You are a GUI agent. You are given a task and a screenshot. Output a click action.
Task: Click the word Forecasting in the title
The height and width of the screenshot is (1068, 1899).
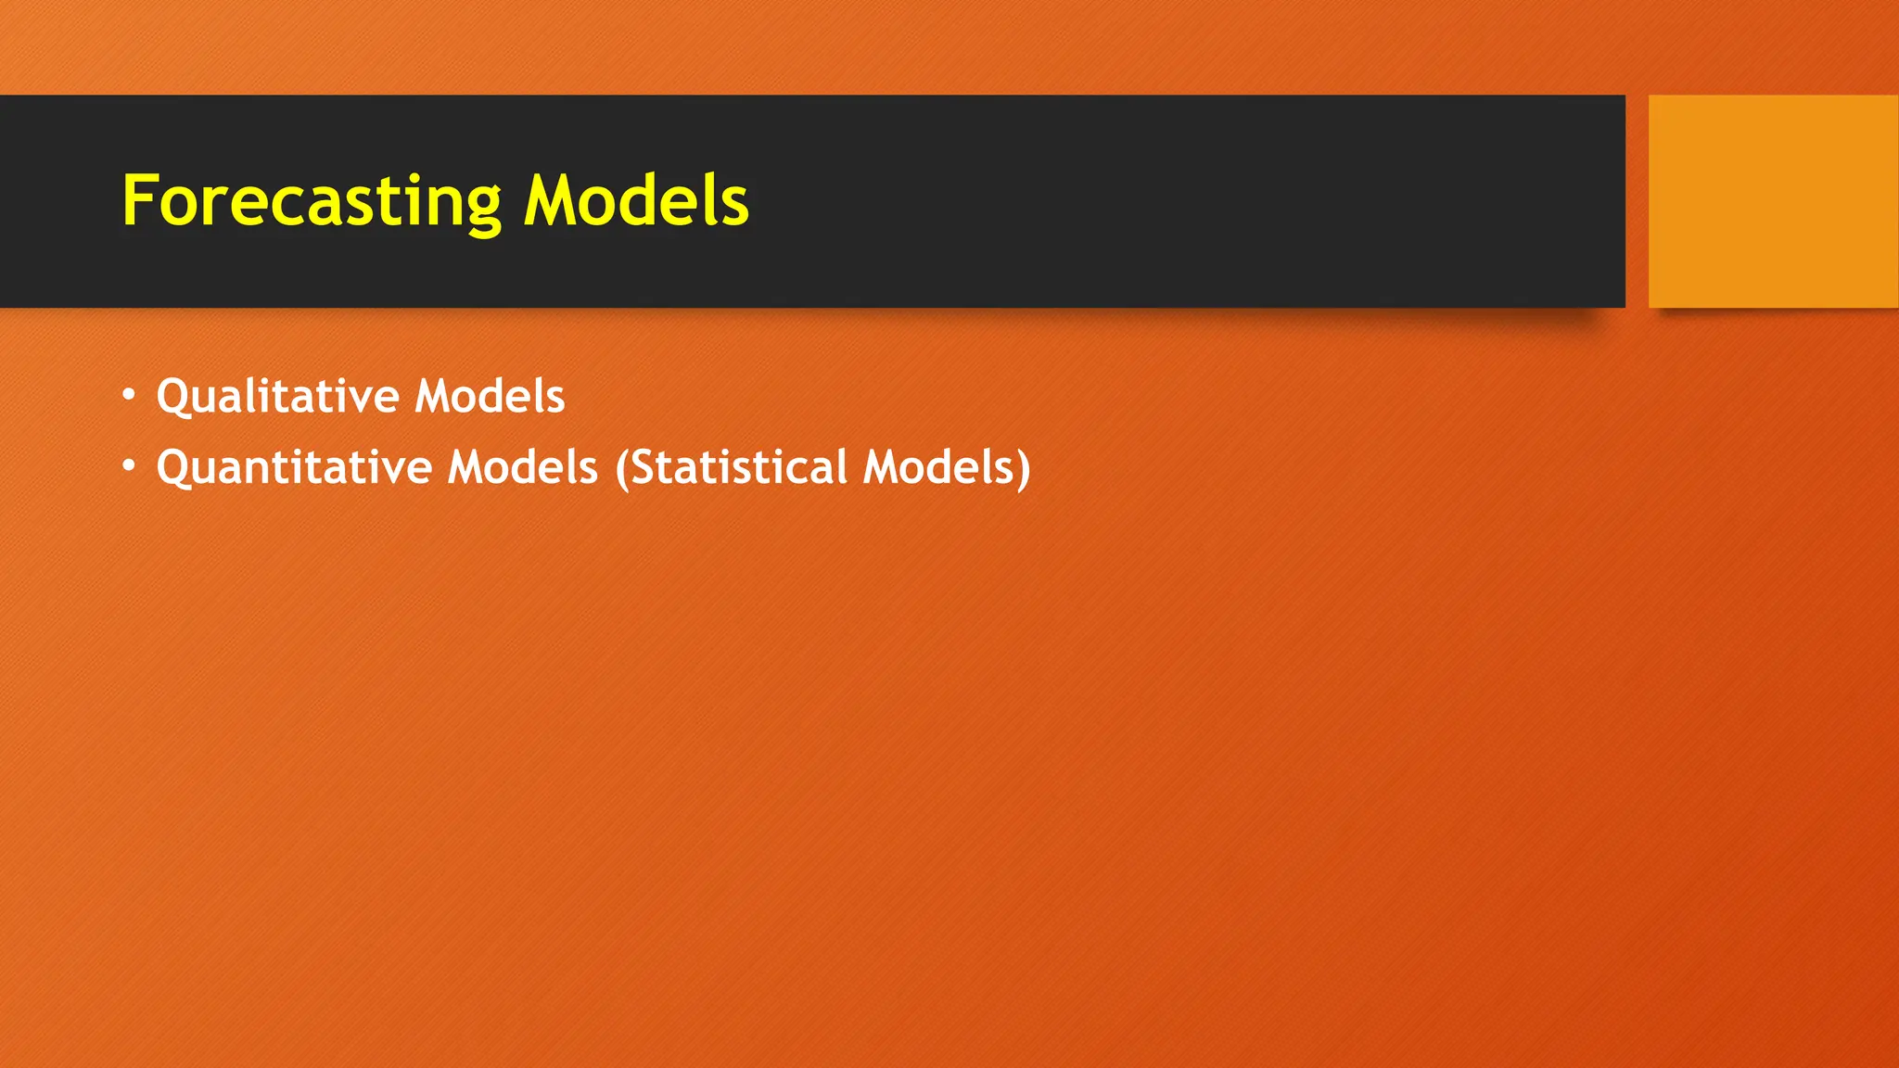point(312,201)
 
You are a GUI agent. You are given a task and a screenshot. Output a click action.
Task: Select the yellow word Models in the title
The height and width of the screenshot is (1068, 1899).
point(636,201)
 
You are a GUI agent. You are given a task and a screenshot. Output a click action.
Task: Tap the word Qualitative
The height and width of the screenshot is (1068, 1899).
point(278,397)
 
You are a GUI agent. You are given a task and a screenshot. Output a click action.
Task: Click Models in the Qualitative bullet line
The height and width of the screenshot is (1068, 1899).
point(490,397)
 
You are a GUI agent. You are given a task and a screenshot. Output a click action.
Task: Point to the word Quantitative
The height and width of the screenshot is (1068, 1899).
point(294,467)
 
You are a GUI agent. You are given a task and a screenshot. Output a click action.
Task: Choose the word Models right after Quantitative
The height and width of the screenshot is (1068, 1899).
point(523,467)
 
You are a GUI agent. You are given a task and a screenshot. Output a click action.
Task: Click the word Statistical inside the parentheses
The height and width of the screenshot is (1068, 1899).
point(738,467)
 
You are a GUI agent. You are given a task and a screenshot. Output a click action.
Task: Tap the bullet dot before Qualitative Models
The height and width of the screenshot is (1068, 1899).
point(129,396)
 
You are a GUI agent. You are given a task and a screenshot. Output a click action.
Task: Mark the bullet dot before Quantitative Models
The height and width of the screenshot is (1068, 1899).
point(129,465)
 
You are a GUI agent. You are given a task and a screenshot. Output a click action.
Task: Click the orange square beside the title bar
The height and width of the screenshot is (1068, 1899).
point(1773,201)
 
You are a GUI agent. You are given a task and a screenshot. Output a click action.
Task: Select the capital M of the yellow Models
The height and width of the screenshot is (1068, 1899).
point(550,201)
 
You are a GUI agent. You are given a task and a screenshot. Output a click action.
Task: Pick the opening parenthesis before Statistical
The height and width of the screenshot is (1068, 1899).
point(622,468)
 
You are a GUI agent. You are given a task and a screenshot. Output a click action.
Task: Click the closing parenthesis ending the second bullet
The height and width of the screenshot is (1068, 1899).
point(1024,468)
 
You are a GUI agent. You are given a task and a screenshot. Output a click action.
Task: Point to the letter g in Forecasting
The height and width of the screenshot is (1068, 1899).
point(482,208)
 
